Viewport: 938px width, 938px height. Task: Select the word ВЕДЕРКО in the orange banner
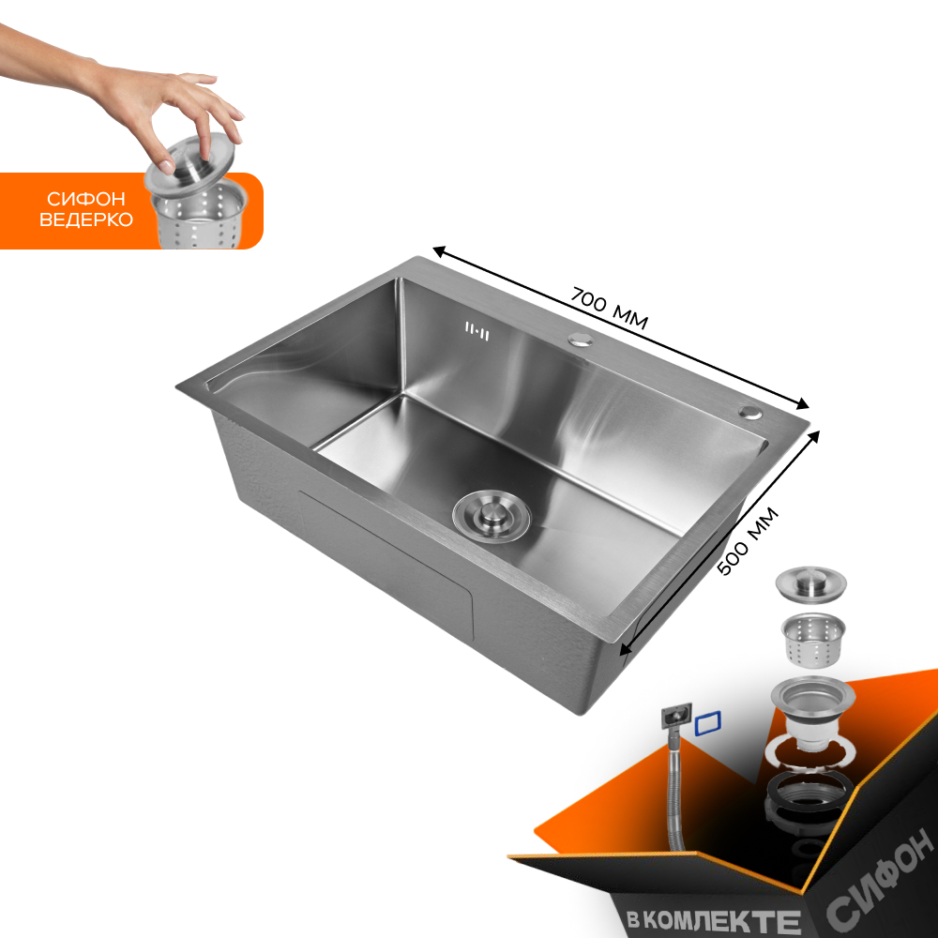[90, 219]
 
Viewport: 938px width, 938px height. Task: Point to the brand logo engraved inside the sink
[477, 329]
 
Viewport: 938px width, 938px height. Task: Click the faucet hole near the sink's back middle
[581, 340]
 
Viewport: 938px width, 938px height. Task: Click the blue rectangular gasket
[708, 722]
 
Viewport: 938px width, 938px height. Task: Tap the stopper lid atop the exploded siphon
[810, 582]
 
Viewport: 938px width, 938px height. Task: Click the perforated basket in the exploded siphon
[812, 638]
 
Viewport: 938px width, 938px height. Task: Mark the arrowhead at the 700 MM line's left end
[438, 251]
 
